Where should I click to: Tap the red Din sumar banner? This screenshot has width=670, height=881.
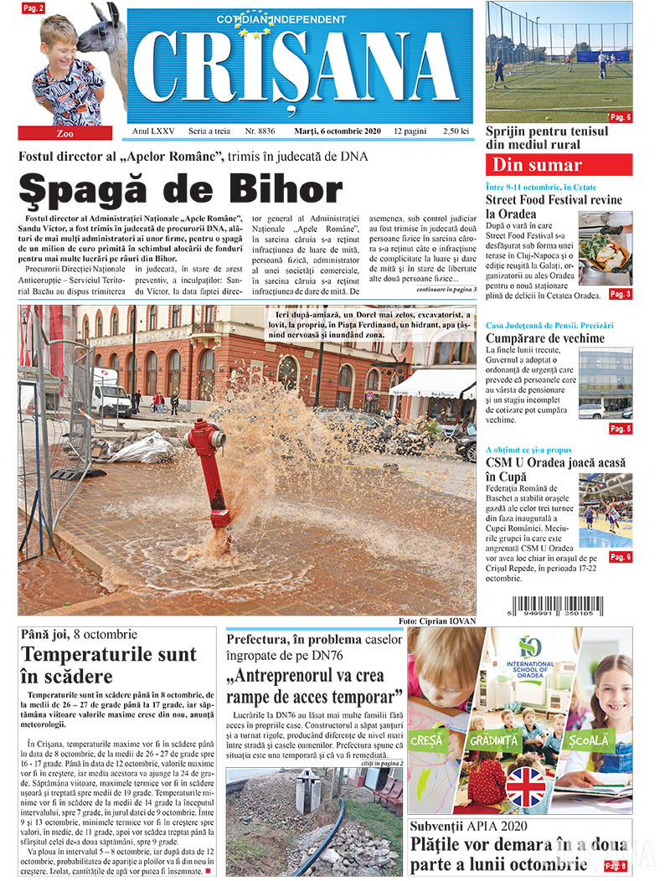tap(559, 165)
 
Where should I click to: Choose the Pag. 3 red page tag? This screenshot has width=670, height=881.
tap(620, 294)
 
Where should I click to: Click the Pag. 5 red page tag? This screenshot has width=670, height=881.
tap(620, 429)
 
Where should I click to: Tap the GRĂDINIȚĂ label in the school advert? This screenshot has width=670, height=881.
tap(494, 740)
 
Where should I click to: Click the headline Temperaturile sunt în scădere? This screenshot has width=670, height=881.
tap(109, 665)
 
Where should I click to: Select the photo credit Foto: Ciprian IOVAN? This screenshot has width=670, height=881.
tap(436, 621)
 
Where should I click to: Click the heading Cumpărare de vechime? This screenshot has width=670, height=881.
tap(544, 338)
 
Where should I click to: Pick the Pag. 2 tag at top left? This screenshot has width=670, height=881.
tap(33, 8)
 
